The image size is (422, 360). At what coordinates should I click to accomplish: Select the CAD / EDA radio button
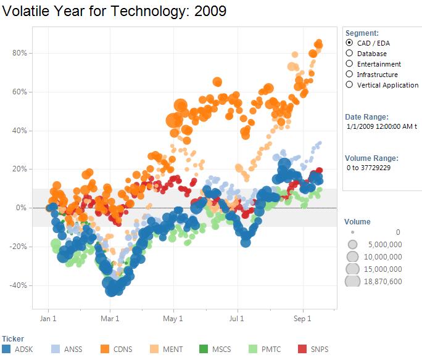(350, 43)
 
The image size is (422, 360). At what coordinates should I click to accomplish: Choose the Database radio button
(350, 54)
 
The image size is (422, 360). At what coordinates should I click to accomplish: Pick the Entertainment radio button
(350, 64)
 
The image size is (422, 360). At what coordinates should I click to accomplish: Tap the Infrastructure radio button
(350, 75)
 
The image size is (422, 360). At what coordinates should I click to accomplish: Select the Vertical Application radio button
(350, 85)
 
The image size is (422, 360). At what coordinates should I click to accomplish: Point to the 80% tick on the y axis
(20, 53)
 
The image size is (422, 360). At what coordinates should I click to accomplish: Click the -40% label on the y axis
(19, 285)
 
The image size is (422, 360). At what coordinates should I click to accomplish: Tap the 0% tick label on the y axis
(22, 208)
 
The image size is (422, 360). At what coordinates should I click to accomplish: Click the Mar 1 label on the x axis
(110, 319)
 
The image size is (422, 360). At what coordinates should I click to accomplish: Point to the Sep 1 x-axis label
(303, 319)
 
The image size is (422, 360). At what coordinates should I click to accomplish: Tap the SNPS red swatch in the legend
(303, 349)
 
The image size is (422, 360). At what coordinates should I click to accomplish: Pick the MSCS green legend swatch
(203, 349)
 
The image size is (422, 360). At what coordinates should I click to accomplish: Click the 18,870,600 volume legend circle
(352, 281)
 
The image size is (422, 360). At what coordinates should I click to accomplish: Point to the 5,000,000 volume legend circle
(352, 244)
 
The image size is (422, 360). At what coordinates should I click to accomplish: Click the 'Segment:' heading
(362, 33)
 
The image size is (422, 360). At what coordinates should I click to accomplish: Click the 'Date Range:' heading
(366, 117)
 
